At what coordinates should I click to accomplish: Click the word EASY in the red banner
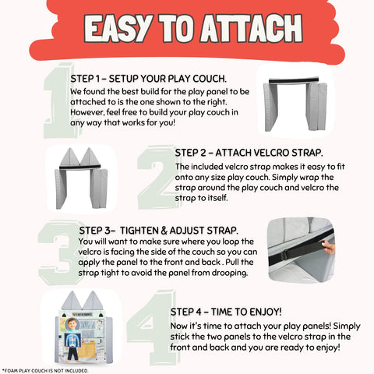click(118, 28)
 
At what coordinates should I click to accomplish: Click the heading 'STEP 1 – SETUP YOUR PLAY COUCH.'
click(149, 79)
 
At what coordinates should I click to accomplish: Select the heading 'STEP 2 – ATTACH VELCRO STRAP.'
click(249, 153)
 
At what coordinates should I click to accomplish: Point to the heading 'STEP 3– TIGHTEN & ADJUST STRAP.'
click(159, 231)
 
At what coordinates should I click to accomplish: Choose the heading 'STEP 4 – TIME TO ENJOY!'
click(226, 312)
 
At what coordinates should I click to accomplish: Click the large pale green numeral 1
click(59, 101)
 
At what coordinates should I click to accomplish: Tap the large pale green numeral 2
click(157, 178)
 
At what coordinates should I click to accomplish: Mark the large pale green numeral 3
click(59, 252)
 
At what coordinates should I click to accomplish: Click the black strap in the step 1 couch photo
click(294, 80)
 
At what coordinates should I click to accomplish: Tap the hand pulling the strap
click(328, 246)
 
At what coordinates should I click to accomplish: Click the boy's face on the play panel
click(72, 325)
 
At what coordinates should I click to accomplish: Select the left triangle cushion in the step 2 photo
click(69, 157)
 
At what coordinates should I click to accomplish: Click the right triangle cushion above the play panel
click(92, 300)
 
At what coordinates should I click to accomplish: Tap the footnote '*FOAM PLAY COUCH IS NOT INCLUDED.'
click(45, 371)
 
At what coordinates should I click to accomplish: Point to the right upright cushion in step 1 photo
click(316, 107)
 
